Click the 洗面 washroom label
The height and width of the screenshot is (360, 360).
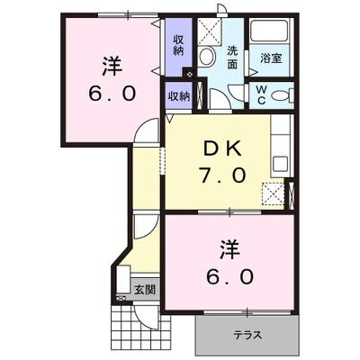tap(232, 58)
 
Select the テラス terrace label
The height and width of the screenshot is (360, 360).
tap(247, 335)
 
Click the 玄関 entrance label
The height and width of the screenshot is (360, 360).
tap(144, 290)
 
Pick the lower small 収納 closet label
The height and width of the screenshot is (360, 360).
tap(177, 95)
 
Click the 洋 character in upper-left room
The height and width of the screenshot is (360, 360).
tap(112, 65)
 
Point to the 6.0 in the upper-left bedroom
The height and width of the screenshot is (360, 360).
tap(112, 93)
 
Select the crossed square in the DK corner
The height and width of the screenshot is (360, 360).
tap(272, 193)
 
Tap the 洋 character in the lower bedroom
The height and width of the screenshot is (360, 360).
tap(229, 246)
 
